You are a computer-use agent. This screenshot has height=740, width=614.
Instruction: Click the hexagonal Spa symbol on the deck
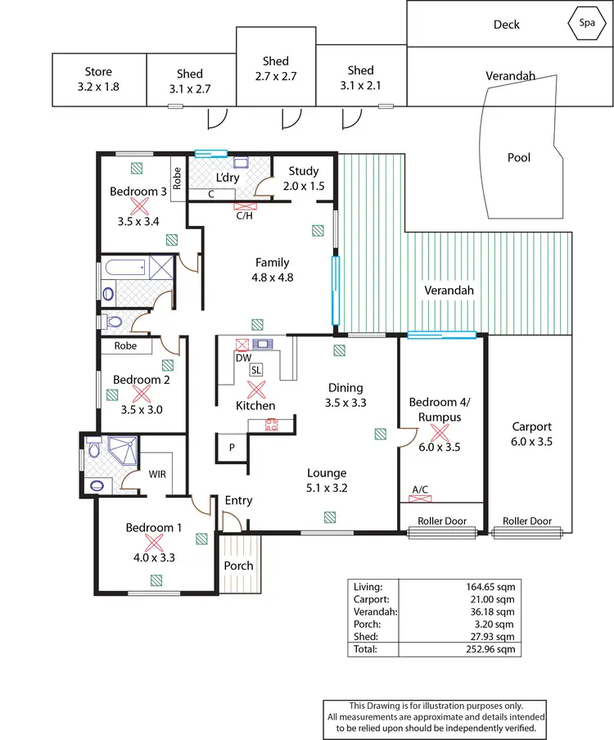tap(586, 23)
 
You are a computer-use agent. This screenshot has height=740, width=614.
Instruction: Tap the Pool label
tap(519, 157)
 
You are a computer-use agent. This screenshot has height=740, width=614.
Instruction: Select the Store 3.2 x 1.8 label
tap(98, 79)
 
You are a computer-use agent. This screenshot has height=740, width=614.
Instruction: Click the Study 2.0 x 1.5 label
tap(304, 178)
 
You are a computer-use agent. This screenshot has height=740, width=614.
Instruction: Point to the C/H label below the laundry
tap(244, 217)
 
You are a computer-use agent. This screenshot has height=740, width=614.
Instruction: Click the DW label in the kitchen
tap(242, 357)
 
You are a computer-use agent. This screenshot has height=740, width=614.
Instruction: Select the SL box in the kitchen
tap(256, 370)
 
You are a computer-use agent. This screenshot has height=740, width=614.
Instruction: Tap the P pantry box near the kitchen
tap(232, 448)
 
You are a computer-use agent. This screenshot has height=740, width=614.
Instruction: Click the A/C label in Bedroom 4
tap(420, 490)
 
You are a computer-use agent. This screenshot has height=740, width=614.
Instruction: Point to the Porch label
tap(238, 566)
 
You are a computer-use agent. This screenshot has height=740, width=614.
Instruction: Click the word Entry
tap(238, 500)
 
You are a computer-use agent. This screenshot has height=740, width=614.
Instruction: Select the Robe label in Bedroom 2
tap(125, 346)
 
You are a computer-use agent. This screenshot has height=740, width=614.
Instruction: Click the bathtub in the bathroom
tap(124, 267)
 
